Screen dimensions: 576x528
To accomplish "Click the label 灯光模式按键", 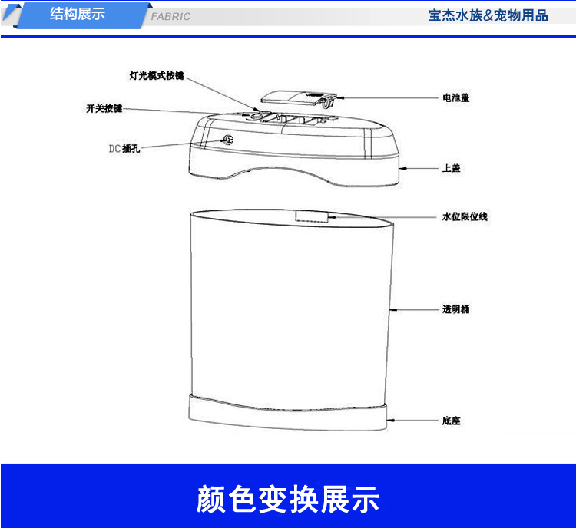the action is (157, 76).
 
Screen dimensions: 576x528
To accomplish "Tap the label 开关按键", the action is (104, 109).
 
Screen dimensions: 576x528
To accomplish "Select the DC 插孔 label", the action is (124, 149).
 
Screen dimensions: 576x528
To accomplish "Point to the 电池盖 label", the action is (456, 97).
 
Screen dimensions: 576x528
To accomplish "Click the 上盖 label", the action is (451, 168).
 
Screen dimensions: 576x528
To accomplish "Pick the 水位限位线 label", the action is (465, 216).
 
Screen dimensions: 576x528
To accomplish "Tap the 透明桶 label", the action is (456, 309).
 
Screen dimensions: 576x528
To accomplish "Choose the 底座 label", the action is (451, 421).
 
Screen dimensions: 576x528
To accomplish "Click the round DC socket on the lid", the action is (228, 140).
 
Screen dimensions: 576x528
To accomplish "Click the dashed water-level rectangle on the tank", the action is (312, 216).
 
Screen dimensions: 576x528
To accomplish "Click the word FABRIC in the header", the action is (170, 17).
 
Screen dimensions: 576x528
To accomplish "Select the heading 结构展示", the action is (78, 15).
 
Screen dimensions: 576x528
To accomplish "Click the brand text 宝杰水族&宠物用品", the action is (488, 16).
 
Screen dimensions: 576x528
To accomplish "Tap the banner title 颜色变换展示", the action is (288, 499).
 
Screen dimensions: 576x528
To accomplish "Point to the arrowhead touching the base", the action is (391, 420).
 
